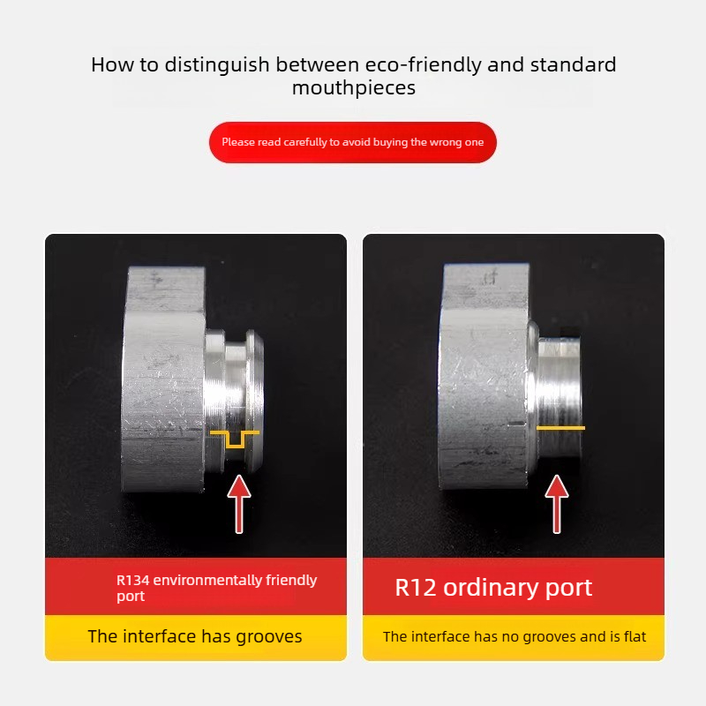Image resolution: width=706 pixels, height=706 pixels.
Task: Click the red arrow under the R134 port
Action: pos(239,504)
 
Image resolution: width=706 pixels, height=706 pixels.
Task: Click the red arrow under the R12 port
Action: pos(557,504)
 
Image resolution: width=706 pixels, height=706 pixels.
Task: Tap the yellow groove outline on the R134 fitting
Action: pos(235,439)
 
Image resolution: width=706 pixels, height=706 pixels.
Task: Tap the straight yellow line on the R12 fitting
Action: pos(560,428)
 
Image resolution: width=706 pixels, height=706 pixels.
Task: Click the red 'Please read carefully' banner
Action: pos(353,142)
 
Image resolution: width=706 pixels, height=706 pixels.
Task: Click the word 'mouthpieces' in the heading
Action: pos(354,87)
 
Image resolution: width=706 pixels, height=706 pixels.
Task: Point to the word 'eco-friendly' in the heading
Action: pos(423,64)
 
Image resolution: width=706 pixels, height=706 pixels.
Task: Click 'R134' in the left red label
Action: pos(133,580)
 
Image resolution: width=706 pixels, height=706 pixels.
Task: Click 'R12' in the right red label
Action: pos(415,588)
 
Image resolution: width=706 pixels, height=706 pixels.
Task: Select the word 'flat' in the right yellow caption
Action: pos(635,636)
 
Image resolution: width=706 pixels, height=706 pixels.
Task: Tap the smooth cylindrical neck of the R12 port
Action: pos(560,396)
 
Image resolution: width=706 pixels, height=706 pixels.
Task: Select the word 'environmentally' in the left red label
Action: pos(207,580)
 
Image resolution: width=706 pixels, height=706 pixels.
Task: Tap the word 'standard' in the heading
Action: pos(573,64)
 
